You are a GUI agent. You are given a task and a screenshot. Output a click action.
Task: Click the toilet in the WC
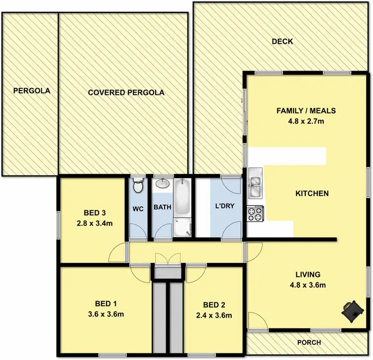pyautogui.click(x=138, y=186)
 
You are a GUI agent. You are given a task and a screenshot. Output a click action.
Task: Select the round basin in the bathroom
pyautogui.click(x=162, y=184)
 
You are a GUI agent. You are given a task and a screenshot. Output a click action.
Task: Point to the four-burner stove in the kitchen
pyautogui.click(x=255, y=214)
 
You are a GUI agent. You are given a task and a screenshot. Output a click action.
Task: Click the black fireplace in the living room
pyautogui.click(x=352, y=309)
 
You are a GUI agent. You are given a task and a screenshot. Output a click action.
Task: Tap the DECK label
pyautogui.click(x=282, y=42)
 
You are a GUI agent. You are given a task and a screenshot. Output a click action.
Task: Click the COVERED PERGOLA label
pyautogui.click(x=126, y=92)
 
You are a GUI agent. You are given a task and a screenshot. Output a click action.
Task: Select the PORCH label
pyautogui.click(x=309, y=343)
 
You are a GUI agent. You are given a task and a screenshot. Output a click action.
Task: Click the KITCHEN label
pyautogui.click(x=312, y=193)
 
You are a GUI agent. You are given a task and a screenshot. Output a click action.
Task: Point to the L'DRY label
pyautogui.click(x=224, y=206)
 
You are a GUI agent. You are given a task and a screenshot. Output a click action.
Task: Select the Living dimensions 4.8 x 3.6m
pyautogui.click(x=307, y=285)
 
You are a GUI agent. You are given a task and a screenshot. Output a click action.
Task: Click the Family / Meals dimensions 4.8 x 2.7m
pyautogui.click(x=306, y=121)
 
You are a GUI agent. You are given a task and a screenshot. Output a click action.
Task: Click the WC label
pyautogui.click(x=138, y=209)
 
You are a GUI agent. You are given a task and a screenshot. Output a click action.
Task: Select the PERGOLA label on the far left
pyautogui.click(x=31, y=91)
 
